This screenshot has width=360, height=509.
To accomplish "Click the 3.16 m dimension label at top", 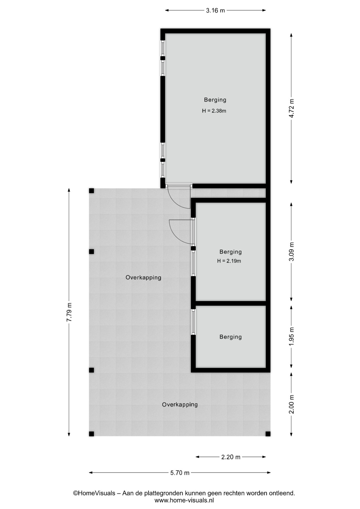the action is [x=215, y=11].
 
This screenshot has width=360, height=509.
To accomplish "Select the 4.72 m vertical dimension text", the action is [x=291, y=108].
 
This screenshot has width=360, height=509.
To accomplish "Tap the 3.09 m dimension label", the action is [x=291, y=252].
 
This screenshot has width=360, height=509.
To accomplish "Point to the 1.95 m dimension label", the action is [x=291, y=336].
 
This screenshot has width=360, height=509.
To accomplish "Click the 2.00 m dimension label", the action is [x=291, y=404].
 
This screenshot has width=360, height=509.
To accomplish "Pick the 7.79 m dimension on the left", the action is [x=69, y=312].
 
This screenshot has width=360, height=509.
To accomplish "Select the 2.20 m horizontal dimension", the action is [x=231, y=457].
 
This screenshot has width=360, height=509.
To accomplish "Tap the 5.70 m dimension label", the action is [x=180, y=472].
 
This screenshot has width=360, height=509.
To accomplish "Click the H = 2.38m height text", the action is [x=214, y=111].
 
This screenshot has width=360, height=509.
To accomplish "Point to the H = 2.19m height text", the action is [x=229, y=261].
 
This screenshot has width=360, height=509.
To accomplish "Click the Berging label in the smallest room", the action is [x=231, y=337].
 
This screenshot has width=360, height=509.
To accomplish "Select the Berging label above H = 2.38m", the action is [x=215, y=100].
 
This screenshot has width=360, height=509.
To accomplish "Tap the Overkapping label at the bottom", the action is [x=180, y=405].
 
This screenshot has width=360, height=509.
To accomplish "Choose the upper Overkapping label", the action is [x=143, y=278].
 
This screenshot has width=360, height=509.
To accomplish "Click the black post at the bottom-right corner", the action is [x=268, y=434].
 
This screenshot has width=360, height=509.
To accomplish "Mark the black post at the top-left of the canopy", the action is [x=91, y=191].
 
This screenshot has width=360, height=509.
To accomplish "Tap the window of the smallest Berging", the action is [x=193, y=322].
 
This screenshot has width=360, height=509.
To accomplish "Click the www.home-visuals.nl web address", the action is [x=184, y=501].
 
